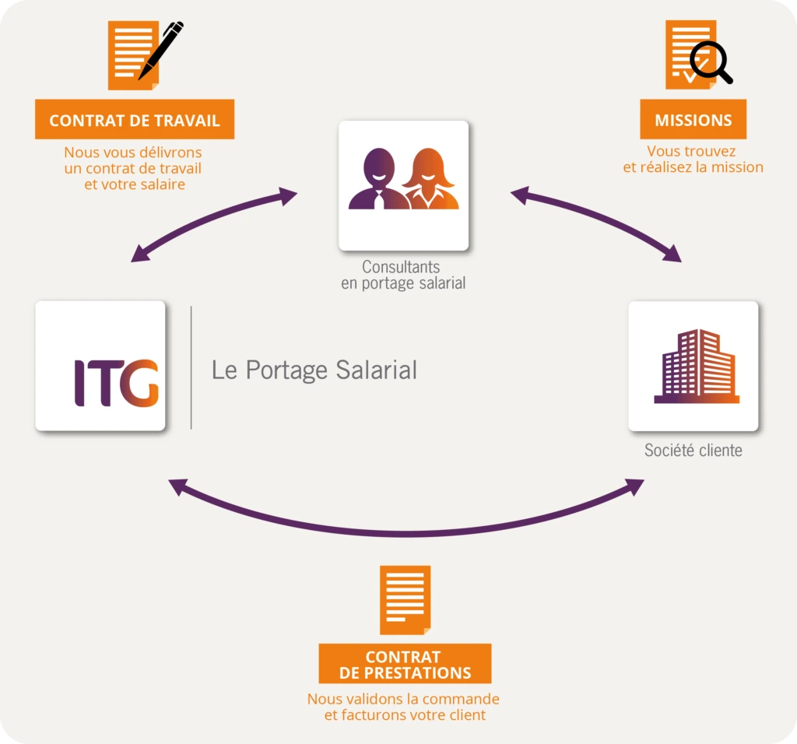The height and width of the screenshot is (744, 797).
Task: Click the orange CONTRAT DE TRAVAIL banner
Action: click(x=135, y=120)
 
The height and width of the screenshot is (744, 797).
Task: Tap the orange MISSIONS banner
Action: click(x=693, y=120)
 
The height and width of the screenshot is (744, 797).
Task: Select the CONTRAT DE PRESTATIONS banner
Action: click(x=405, y=664)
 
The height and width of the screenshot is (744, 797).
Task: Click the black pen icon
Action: click(x=161, y=49)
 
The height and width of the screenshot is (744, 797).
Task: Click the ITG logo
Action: click(x=116, y=383)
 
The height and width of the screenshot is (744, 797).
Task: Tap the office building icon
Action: click(x=695, y=367)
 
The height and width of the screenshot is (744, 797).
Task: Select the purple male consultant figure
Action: click(x=377, y=181)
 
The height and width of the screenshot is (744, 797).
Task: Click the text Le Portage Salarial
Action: click(x=314, y=370)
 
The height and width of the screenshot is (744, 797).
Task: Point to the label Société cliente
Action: click(x=693, y=451)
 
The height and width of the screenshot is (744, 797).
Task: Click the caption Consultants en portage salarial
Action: click(x=402, y=275)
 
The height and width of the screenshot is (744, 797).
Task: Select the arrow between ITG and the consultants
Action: click(x=213, y=223)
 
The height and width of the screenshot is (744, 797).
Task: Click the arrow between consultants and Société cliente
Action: click(x=596, y=221)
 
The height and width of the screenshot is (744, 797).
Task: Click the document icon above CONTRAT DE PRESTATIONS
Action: click(x=405, y=599)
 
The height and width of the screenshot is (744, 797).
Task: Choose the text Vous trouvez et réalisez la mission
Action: click(x=693, y=160)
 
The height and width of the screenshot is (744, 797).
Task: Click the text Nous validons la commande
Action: click(x=403, y=699)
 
